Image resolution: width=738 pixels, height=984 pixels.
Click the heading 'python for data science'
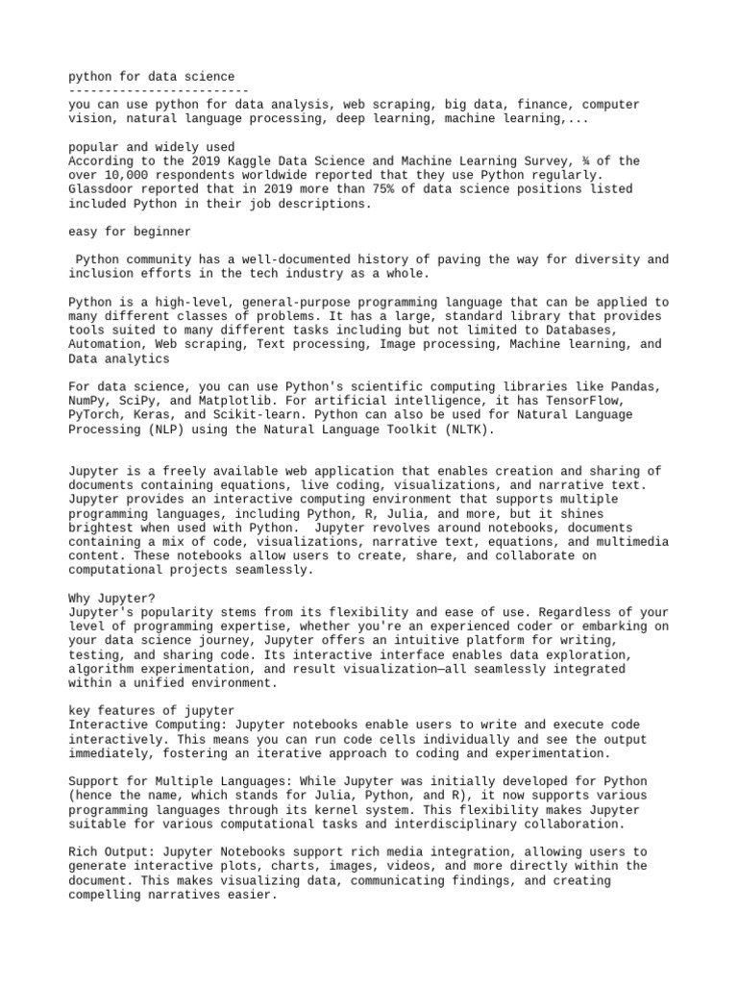point(151,76)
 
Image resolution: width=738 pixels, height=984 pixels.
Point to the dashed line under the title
point(159,89)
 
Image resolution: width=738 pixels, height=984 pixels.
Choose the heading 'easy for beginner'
point(130,232)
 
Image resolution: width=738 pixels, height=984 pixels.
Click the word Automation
point(107,344)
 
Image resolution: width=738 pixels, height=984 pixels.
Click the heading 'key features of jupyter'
point(151,710)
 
